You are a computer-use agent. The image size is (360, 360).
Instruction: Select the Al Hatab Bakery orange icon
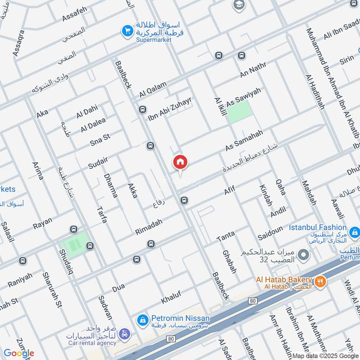click(x=320, y=282)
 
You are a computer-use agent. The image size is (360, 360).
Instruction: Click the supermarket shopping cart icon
click(x=128, y=31)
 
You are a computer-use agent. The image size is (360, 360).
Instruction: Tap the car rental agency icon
click(x=125, y=334)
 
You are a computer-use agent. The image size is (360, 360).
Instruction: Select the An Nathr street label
click(x=253, y=71)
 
